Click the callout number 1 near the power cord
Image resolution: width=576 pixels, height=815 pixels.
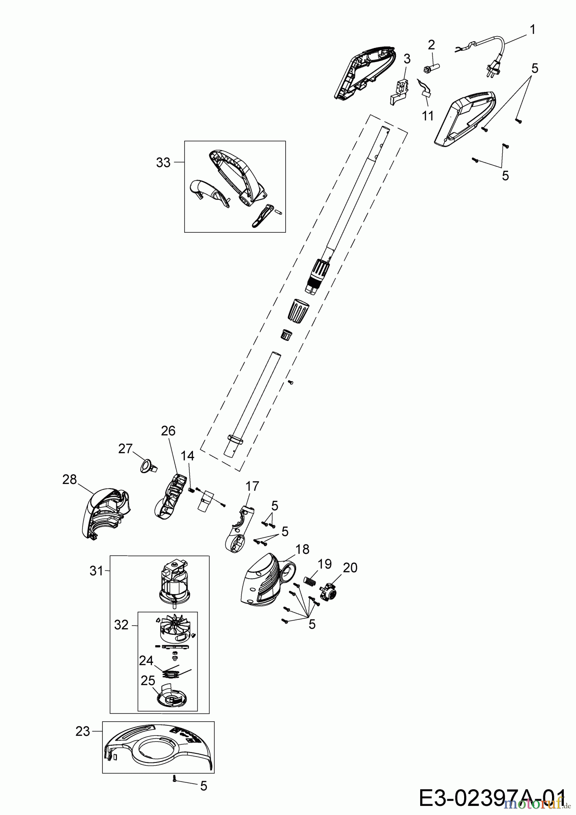tap(533, 30)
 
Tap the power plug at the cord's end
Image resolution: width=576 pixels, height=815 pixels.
tap(491, 69)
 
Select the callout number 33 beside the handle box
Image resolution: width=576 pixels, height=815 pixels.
tap(163, 163)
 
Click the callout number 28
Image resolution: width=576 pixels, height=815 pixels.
tap(70, 479)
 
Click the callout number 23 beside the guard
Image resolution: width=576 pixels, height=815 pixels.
tap(83, 731)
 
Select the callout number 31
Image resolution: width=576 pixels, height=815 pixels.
tap(96, 571)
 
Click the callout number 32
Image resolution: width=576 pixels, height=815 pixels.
tap(121, 626)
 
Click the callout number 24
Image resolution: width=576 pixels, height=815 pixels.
tap(146, 661)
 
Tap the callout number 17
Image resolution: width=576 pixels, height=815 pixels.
tap(252, 486)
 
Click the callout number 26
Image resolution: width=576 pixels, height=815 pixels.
tap(168, 431)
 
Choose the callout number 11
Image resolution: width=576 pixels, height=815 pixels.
tap(428, 115)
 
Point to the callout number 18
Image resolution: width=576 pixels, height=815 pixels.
tap(302, 549)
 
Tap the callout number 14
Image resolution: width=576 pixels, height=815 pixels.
tap(188, 456)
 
